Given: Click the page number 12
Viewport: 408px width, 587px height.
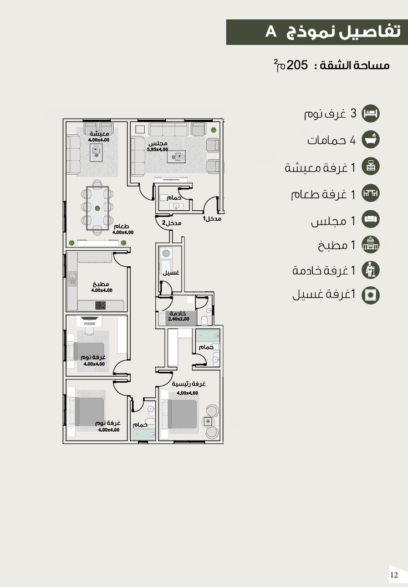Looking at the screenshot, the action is [x=394, y=575].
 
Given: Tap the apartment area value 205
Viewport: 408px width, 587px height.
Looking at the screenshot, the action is [x=297, y=65].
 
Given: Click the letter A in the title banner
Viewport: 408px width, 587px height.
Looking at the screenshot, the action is [x=271, y=32].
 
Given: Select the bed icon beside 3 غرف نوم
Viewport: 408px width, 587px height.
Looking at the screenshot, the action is [x=371, y=113].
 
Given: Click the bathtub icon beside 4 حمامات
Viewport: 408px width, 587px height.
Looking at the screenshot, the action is [x=371, y=140].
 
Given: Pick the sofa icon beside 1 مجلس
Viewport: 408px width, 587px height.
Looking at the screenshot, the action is [x=371, y=220].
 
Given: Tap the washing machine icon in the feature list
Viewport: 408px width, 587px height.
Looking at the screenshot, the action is [x=371, y=295].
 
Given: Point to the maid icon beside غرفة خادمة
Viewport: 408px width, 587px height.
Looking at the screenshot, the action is [x=371, y=270].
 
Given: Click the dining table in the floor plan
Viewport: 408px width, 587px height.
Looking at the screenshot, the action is [x=98, y=208].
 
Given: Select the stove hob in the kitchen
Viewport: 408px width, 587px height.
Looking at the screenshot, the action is [x=100, y=305].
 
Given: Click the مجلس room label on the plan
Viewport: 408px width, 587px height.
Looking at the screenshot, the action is [x=158, y=143].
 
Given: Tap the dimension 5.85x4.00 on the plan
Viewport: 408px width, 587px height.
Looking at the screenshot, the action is [x=157, y=149].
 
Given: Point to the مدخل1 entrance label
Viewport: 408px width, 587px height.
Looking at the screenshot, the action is [x=212, y=218].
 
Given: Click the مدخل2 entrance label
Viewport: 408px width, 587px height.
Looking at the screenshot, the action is [x=172, y=222].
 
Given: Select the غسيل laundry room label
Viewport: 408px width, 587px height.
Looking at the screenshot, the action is [x=171, y=272].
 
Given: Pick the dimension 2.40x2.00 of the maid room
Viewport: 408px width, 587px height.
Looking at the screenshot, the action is [x=178, y=319].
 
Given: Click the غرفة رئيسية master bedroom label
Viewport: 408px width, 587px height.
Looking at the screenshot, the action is [x=189, y=384].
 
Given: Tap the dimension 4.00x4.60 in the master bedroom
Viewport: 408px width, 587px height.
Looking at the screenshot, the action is [x=187, y=393].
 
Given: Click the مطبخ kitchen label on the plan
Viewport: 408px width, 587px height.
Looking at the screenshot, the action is [x=101, y=284].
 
